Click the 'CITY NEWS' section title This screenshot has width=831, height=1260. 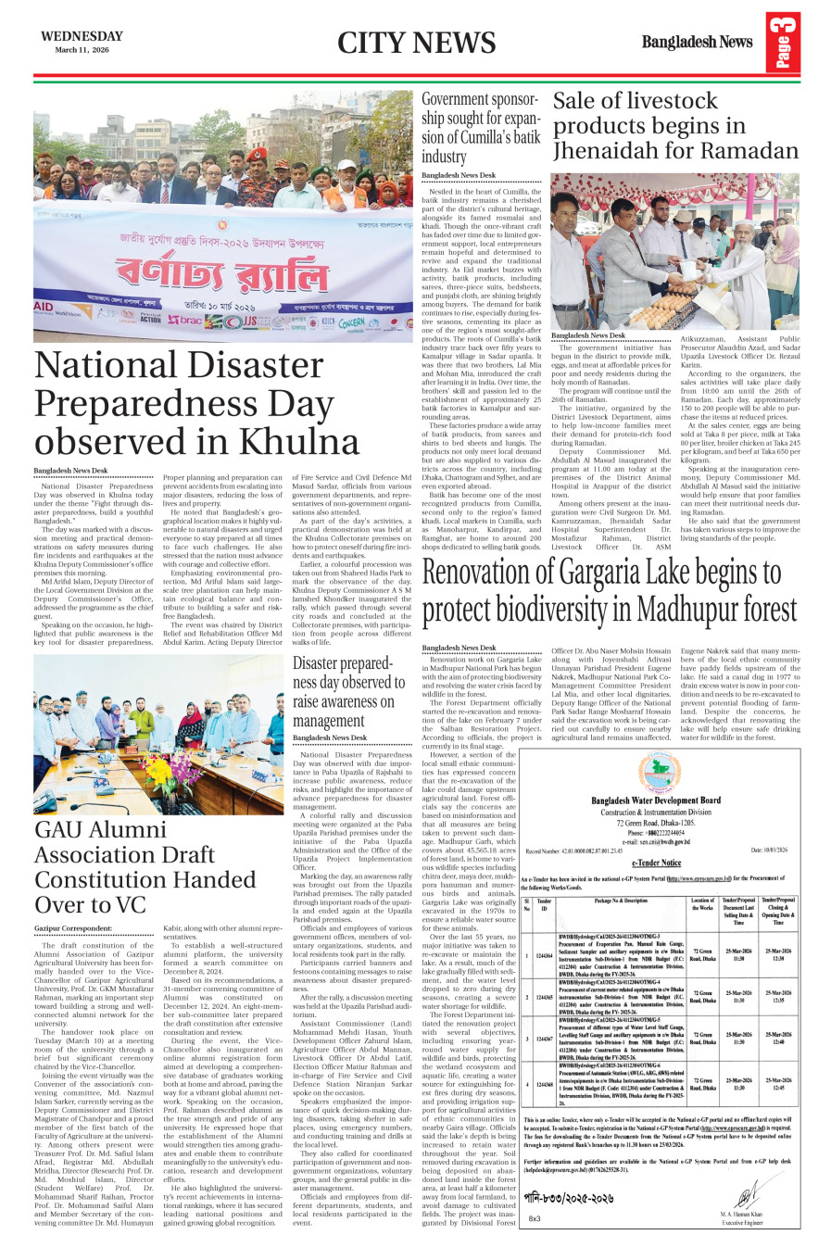pyautogui.click(x=416, y=43)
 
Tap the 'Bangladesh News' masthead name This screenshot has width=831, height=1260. pyautogui.click(x=697, y=42)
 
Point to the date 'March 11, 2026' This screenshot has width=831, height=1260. pyautogui.click(x=82, y=49)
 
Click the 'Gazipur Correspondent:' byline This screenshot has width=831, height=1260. pyautogui.click(x=73, y=927)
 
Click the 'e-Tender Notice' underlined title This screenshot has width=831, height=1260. pyautogui.click(x=656, y=863)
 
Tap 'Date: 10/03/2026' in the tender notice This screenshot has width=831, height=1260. pyautogui.click(x=769, y=850)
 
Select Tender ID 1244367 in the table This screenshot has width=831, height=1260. pyautogui.click(x=545, y=1039)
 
